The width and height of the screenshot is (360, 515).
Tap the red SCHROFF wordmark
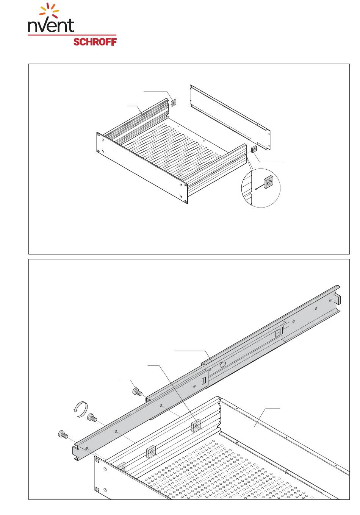(95, 42)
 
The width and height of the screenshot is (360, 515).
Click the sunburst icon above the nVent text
(49, 10)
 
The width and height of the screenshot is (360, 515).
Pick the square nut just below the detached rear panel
(254, 149)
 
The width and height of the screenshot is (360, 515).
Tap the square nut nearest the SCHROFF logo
(174, 102)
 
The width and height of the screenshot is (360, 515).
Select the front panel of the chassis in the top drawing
(142, 168)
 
